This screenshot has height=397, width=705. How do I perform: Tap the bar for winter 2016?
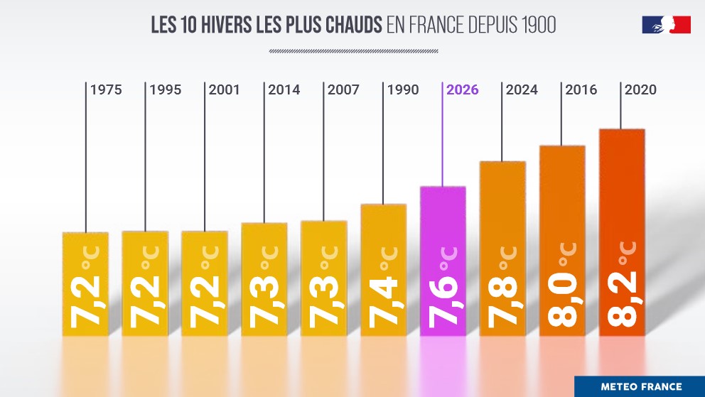(x=562, y=241)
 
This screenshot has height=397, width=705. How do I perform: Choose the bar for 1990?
(x=383, y=270)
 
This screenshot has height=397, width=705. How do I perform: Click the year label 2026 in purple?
(x=463, y=90)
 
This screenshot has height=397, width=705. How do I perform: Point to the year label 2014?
(x=284, y=90)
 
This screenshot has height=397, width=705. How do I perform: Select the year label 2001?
(x=225, y=90)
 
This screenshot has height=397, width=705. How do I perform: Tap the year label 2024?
(x=522, y=90)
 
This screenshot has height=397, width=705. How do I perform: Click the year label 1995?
(x=165, y=90)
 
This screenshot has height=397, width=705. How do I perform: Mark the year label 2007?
(x=344, y=90)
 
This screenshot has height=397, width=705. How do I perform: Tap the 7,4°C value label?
(x=383, y=291)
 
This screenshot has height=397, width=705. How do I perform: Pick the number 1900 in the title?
(x=537, y=26)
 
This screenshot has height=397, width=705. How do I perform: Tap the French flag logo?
(x=666, y=25)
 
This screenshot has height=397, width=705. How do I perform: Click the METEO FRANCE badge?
(x=640, y=387)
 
